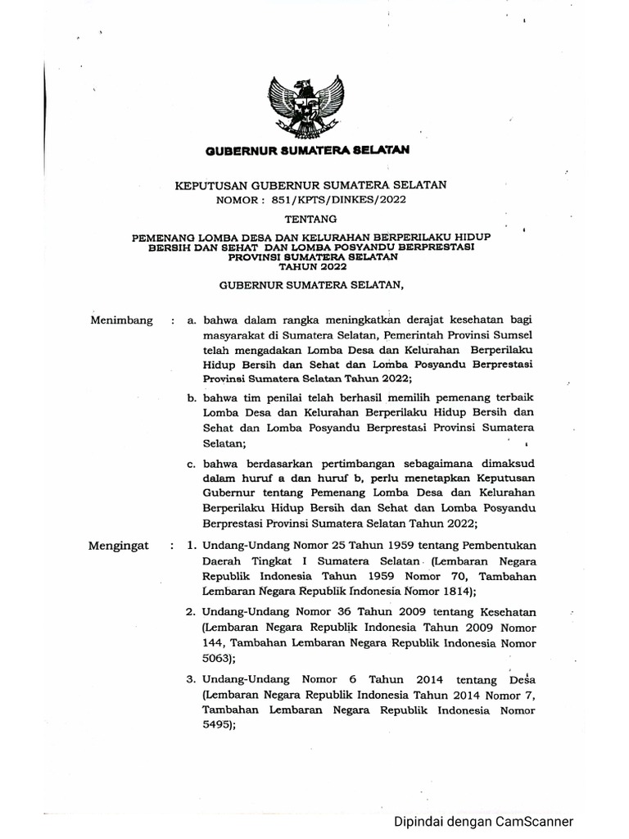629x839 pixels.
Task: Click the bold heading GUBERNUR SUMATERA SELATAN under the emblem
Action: point(307,151)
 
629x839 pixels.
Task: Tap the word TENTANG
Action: point(308,220)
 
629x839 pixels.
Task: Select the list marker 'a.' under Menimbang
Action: point(192,320)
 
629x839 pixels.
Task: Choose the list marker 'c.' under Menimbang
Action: point(192,464)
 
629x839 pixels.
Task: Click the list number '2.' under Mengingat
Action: point(190,613)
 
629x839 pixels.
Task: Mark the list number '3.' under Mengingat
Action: point(190,680)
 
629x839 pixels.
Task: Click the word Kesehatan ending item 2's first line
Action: point(504,613)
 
